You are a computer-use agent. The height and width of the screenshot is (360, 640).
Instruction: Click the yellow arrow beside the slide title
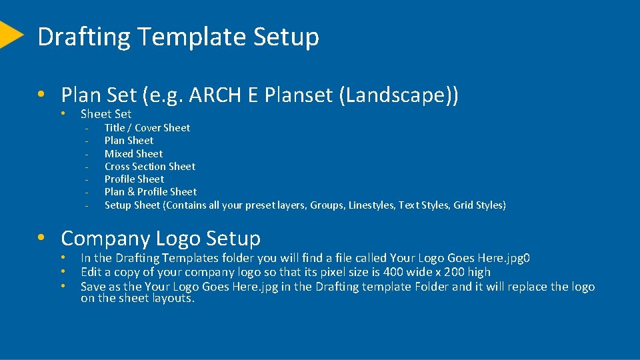tap(9, 35)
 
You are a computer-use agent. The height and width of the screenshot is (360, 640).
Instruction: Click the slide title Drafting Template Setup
tap(178, 37)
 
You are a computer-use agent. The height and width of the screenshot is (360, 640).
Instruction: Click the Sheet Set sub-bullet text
tap(106, 114)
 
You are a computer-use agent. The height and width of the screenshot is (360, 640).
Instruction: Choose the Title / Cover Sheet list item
tap(147, 128)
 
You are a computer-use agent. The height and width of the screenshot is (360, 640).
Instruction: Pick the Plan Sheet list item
tap(129, 141)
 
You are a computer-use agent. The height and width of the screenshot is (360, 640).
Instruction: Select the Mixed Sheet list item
tap(133, 153)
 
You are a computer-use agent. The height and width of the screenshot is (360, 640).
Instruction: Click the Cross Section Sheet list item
tap(150, 167)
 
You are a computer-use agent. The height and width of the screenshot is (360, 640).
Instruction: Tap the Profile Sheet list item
tap(134, 179)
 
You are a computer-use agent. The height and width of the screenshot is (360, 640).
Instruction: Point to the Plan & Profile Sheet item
tap(151, 192)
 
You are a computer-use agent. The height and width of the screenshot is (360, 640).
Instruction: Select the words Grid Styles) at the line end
tap(479, 205)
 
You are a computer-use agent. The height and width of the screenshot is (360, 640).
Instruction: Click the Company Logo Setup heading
tap(161, 238)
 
